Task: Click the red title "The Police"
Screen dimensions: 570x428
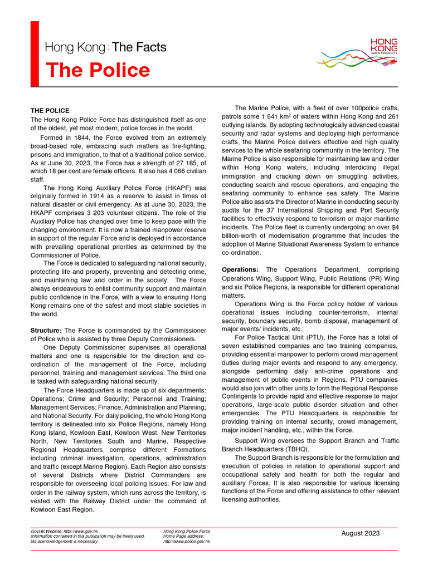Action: (x=98, y=71)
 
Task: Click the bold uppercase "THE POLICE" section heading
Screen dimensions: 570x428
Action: (x=50, y=111)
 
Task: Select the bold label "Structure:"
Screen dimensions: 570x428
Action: (x=46, y=331)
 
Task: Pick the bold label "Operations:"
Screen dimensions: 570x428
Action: (x=240, y=269)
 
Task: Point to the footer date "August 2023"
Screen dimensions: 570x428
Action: (x=360, y=533)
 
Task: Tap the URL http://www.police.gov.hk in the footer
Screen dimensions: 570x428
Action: (x=187, y=541)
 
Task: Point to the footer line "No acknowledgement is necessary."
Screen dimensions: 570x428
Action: (x=65, y=541)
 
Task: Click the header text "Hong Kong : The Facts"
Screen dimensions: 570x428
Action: (x=105, y=47)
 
